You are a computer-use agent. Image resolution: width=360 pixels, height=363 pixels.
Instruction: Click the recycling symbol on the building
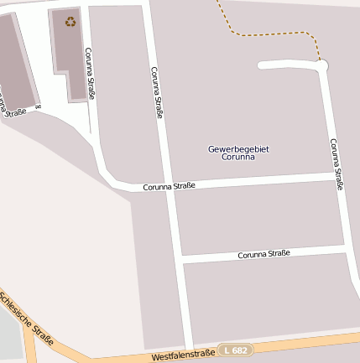point(70,21)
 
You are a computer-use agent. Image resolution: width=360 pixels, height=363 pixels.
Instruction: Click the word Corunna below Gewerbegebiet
point(238,158)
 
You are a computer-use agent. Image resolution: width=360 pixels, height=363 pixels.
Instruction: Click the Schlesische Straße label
point(28,319)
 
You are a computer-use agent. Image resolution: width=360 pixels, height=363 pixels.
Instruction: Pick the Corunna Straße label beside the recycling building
point(89,74)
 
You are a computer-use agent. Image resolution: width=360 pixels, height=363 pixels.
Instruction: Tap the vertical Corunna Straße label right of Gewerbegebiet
point(337,164)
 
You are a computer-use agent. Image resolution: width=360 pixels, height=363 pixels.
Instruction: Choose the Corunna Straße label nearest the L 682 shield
point(263,253)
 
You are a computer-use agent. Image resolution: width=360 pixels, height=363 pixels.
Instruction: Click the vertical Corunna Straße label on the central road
point(156,92)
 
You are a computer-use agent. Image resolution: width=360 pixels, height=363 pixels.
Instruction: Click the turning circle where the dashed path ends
point(322,65)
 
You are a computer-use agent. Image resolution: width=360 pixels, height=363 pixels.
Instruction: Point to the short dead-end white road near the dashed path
point(285,65)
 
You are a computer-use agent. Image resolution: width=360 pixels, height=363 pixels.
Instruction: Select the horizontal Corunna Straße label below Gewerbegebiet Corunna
point(169,186)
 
